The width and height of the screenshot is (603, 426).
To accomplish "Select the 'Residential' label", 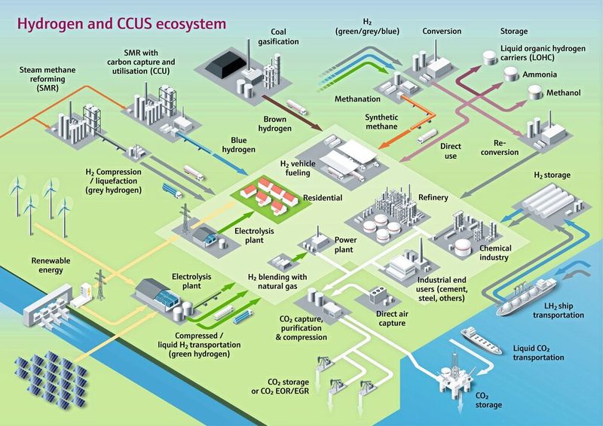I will click(323, 198).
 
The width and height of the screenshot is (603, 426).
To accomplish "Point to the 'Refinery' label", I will click(433, 198).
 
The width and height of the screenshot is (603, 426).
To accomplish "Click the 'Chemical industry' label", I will click(495, 253).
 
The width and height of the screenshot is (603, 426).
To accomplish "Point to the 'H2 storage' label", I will click(552, 175).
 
